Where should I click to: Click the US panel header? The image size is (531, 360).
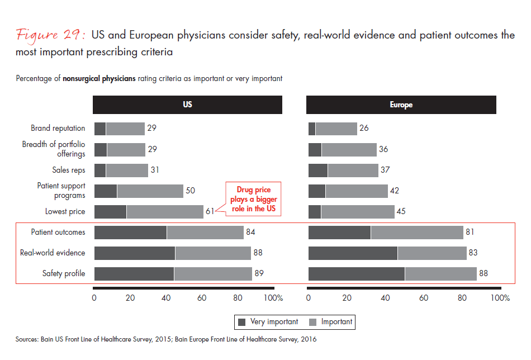(x=187, y=105)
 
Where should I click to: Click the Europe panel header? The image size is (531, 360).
(x=401, y=105)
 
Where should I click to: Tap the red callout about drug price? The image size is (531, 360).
(x=253, y=200)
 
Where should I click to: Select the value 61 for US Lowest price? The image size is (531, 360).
(x=210, y=212)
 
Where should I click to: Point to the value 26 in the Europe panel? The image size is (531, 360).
(x=364, y=129)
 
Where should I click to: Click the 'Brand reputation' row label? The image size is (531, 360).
(x=58, y=129)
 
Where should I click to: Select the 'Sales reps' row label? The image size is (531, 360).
(x=69, y=170)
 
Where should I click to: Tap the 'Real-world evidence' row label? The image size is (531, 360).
(x=53, y=253)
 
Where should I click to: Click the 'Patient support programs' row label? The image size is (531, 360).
(x=61, y=191)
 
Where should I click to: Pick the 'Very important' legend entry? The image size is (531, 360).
(x=268, y=322)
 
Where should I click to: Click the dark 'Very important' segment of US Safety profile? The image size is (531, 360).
(x=134, y=273)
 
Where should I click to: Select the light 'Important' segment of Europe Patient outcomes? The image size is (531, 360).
(x=417, y=232)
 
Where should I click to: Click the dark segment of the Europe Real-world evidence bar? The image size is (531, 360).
(x=353, y=253)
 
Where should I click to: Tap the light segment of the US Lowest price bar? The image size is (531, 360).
(x=165, y=212)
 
